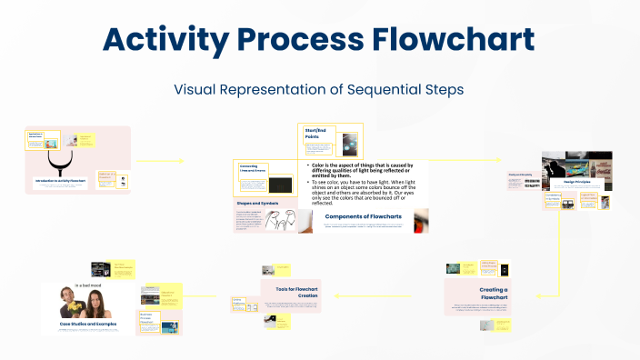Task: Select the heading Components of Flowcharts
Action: pos(364,216)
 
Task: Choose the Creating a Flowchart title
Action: pos(494,294)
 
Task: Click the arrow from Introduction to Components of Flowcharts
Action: pos(159,161)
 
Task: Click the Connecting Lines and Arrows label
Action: pos(252,169)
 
